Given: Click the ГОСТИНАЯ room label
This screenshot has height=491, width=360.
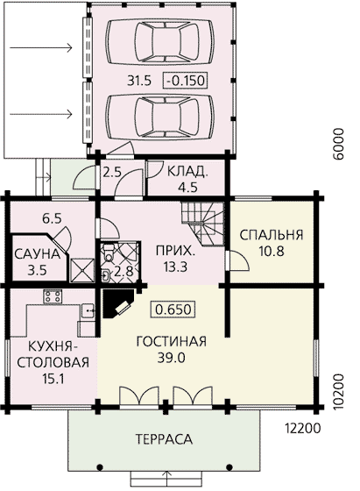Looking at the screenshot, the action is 172,341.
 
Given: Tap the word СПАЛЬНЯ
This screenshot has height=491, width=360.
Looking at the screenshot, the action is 272,235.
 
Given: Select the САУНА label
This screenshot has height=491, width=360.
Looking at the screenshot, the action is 37,254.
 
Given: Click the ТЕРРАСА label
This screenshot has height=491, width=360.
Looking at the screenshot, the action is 164,439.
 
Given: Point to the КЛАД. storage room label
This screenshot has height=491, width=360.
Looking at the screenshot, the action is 187,172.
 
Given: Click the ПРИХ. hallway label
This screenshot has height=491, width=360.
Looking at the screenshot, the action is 175,251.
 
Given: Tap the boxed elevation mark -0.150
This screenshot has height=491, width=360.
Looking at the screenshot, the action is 186,81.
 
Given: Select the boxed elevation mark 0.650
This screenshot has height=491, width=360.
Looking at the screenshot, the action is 173,310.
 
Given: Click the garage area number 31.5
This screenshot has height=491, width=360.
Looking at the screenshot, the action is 139,81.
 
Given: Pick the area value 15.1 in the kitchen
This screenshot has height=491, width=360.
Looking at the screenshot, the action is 53,379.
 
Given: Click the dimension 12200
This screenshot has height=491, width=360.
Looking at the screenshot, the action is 303,429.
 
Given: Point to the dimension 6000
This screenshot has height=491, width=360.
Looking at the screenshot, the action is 338,144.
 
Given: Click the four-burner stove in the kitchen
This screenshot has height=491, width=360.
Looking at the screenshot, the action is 53,296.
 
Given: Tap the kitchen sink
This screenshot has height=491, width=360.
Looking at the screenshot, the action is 88,311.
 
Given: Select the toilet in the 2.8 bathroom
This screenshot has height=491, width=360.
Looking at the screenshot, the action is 109,253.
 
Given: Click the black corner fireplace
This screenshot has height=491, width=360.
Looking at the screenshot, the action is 117,303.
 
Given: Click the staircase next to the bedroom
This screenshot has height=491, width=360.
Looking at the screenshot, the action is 203,223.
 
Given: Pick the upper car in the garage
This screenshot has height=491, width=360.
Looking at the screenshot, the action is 159,40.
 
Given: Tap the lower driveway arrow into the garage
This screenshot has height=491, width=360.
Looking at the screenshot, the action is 41,114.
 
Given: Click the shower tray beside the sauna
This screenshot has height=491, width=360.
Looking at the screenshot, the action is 82,270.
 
